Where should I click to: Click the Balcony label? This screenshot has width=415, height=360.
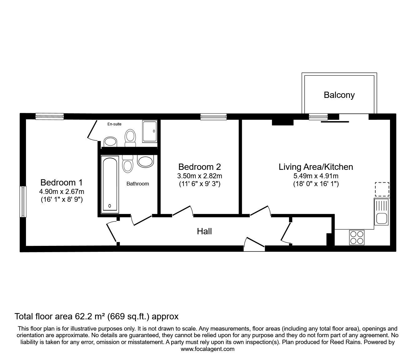tap(339, 95)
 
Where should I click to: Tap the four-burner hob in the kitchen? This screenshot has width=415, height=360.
tap(357, 237)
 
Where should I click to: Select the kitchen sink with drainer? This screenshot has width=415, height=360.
tap(381, 212)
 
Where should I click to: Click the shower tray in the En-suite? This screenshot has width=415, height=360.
tap(150, 131)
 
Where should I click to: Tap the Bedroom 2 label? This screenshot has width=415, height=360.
tap(200, 167)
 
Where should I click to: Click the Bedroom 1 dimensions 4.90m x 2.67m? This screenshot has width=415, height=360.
tap(62, 191)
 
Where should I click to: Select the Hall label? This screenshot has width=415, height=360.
tap(204, 231)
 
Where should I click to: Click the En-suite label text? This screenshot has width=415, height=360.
tap(114, 124)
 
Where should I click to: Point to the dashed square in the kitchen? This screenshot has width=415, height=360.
tap(382, 189)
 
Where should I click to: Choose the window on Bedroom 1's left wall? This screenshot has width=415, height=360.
tap(23, 201)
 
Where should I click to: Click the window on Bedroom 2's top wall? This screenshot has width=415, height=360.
tap(213, 117)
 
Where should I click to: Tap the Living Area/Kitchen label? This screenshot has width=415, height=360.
tap(316, 167)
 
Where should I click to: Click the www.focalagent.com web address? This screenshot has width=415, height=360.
tap(207, 349)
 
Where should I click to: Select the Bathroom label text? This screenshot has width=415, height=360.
tap(138, 184)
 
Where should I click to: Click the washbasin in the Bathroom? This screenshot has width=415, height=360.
tap(145, 161)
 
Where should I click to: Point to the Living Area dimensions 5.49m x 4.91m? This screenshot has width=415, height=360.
tap(316, 176)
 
